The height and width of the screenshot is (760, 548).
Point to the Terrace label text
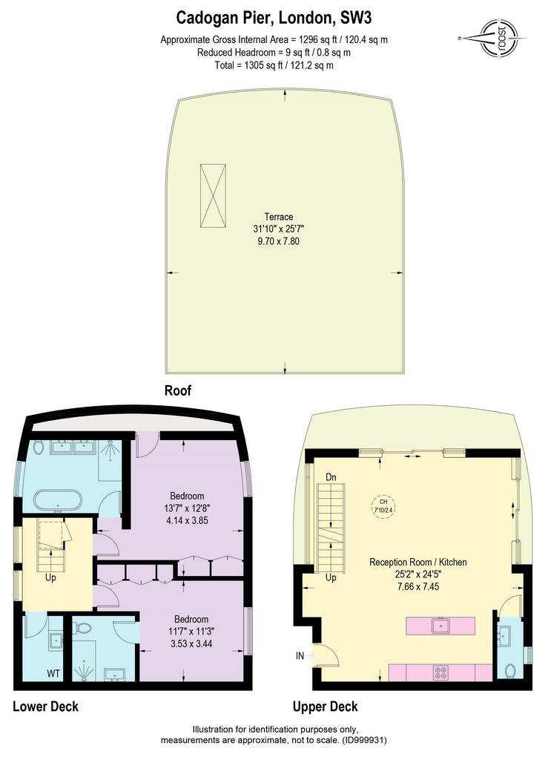[x=278, y=216]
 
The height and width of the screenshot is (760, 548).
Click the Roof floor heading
[x=178, y=390]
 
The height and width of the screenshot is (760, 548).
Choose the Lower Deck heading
[x=45, y=706]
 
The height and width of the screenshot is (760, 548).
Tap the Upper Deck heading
[x=325, y=706]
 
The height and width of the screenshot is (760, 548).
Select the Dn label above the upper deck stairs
[x=331, y=476]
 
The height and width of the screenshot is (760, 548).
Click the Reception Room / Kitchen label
[x=418, y=562]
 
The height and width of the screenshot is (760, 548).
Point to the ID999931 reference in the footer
[x=363, y=740]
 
